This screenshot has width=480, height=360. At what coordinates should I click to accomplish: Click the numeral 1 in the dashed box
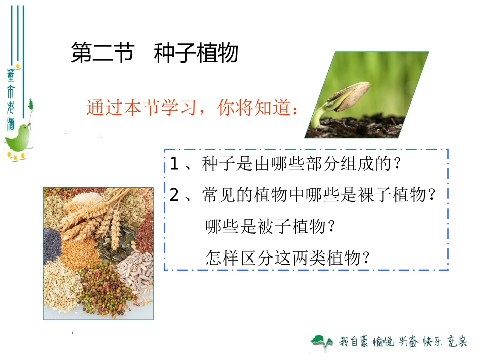tap(175, 165)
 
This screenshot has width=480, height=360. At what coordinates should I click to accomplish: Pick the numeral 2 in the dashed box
tap(175, 195)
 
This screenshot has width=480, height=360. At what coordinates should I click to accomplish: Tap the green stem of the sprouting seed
tap(318, 116)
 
